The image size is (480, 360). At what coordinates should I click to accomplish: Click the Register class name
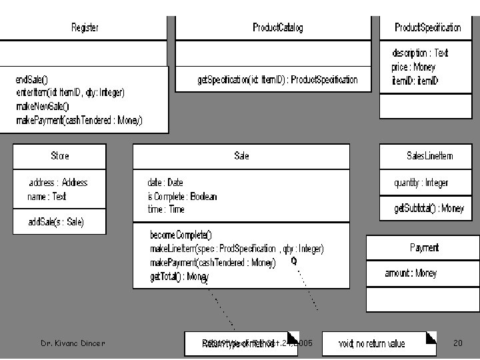click(85, 27)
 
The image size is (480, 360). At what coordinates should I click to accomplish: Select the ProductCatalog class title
click(277, 27)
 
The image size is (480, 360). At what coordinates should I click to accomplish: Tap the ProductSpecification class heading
click(427, 27)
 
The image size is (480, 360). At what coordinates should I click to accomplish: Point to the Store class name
click(59, 156)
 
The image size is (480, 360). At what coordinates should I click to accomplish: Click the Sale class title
click(241, 156)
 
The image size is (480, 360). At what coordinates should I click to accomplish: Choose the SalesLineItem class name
click(429, 156)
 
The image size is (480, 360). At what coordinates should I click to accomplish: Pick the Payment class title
click(424, 248)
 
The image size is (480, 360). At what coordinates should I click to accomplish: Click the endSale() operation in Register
click(32, 79)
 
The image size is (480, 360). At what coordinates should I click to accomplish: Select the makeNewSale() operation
click(43, 106)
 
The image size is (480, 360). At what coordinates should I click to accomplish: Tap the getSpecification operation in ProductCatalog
click(277, 79)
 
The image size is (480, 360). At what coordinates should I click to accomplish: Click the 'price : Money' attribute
click(413, 67)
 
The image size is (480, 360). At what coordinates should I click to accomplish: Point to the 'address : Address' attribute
click(58, 183)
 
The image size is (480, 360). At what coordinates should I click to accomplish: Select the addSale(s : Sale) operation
click(56, 221)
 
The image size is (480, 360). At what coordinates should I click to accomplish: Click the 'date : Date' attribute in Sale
click(165, 183)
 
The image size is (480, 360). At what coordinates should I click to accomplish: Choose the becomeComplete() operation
click(181, 235)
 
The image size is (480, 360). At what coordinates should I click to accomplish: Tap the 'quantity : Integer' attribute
click(421, 183)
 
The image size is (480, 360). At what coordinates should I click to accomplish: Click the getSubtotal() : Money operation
click(429, 209)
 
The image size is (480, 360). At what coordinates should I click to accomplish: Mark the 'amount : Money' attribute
click(411, 273)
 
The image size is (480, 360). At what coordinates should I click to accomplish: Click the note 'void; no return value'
click(371, 344)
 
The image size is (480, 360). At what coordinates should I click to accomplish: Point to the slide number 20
click(457, 343)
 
